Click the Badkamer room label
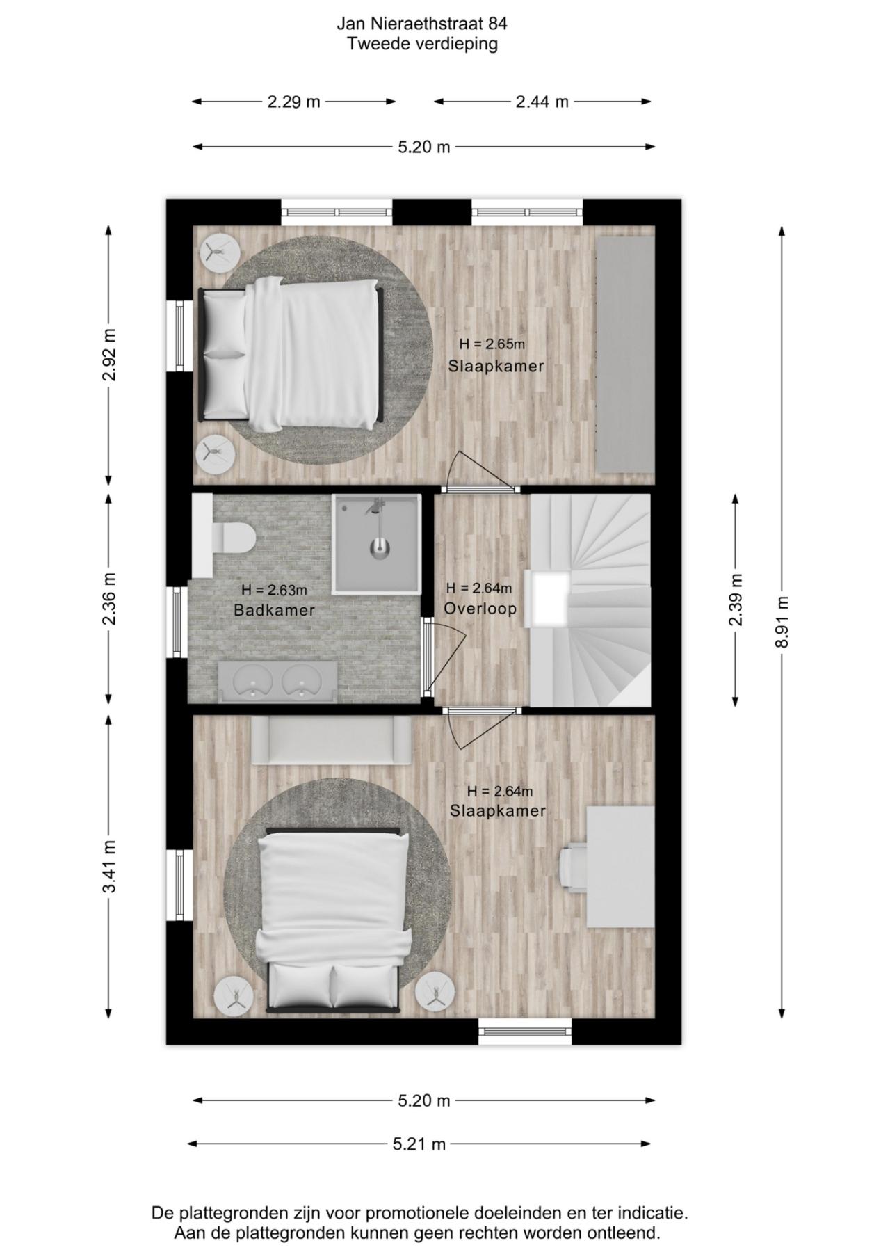(x=274, y=610)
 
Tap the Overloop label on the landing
(x=480, y=609)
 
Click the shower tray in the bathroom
(x=376, y=544)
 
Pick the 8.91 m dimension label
(x=783, y=622)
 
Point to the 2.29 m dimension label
(x=294, y=102)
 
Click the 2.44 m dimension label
(x=542, y=102)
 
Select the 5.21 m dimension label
(x=419, y=1144)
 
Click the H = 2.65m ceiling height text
(x=492, y=344)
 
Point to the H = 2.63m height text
(x=274, y=590)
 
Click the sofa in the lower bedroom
(x=331, y=741)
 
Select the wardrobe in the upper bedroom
(x=626, y=354)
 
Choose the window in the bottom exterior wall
(x=525, y=1032)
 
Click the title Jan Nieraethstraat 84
(x=422, y=24)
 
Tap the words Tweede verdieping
(x=422, y=44)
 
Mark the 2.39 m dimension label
(x=736, y=600)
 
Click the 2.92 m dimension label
(x=109, y=355)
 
